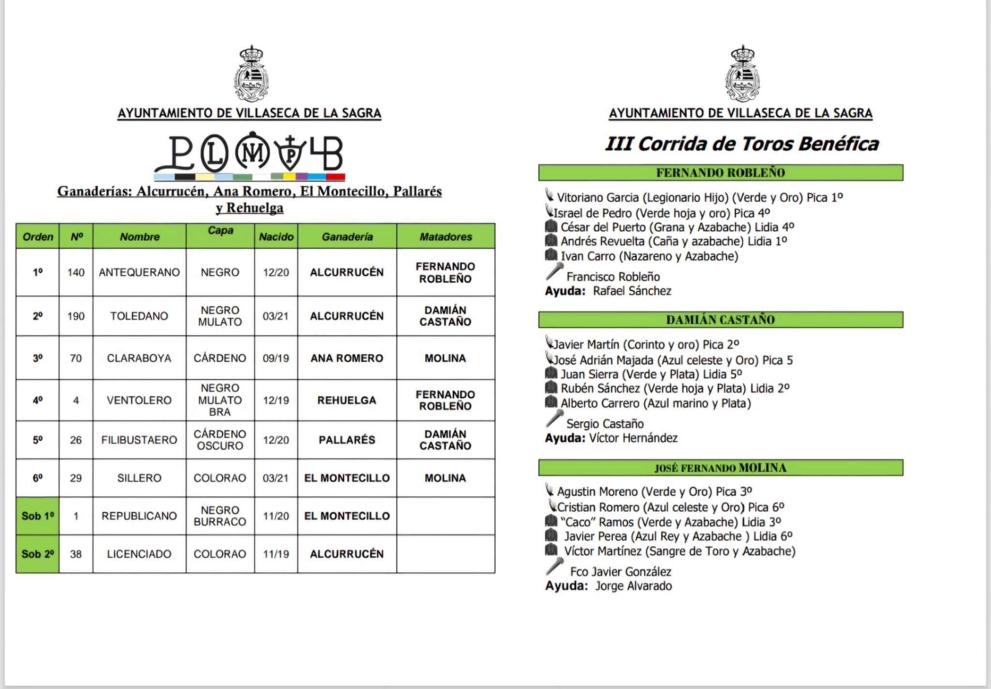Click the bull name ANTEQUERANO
[139, 272]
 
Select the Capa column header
[220, 231]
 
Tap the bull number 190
[76, 316]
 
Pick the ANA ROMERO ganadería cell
[347, 358]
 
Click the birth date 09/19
[276, 358]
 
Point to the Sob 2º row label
[38, 554]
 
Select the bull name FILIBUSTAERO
[139, 440]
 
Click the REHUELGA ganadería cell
[347, 400]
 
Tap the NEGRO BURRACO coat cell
[220, 516]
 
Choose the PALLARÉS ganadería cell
[347, 440]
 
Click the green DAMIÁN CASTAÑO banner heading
[721, 320]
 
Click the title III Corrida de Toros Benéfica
[742, 144]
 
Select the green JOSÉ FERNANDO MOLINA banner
[721, 468]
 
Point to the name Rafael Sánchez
[632, 291]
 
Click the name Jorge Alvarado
[633, 586]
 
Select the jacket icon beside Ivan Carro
[551, 255]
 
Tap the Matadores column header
[446, 237]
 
